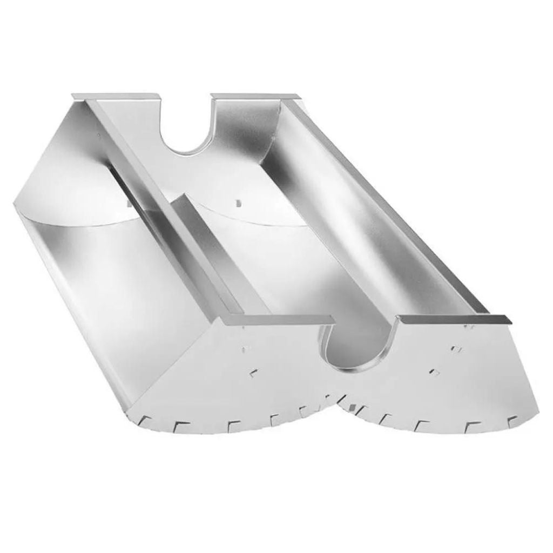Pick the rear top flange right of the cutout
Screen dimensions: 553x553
coord(254,97)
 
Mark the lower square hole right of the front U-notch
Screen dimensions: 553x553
coord(434,372)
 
